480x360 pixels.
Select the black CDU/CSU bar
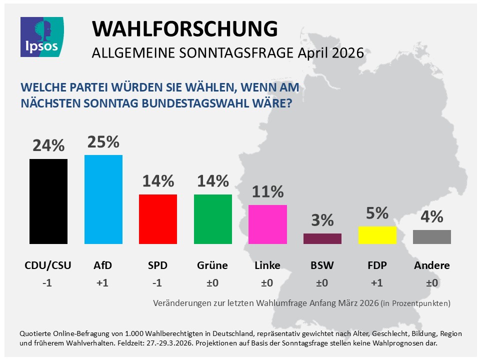click(48, 201)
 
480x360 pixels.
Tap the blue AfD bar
click(103, 199)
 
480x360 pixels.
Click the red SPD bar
click(157, 219)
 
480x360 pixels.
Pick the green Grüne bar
click(212, 219)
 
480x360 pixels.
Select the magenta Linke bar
click(267, 224)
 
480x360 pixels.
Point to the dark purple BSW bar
click(322, 238)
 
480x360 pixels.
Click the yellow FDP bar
click(377, 235)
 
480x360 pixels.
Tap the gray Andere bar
click(432, 237)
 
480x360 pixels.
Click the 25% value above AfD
click(103, 142)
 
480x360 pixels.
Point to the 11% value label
click(267, 191)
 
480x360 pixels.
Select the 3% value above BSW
click(322, 220)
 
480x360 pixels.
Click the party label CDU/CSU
click(48, 265)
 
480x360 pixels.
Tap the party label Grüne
click(212, 265)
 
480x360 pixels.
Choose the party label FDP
click(377, 265)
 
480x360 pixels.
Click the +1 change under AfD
click(103, 283)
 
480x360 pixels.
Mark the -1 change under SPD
click(157, 283)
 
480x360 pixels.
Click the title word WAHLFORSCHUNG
click(184, 29)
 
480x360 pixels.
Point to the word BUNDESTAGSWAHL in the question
click(197, 105)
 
